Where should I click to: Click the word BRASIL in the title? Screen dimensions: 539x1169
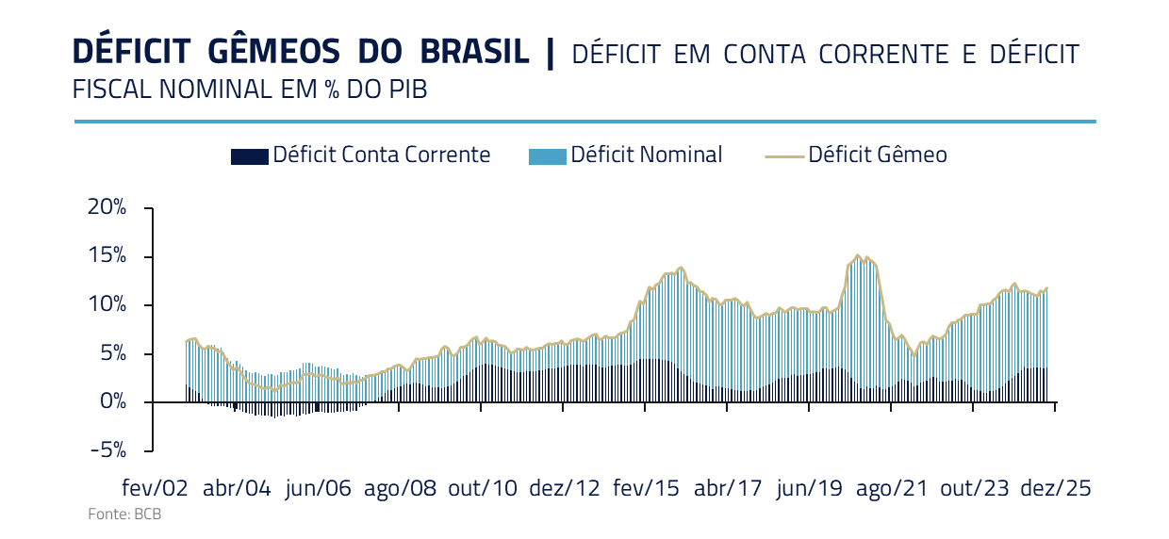pyautogui.click(x=473, y=52)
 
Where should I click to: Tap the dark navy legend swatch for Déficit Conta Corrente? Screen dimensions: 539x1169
pyautogui.click(x=250, y=156)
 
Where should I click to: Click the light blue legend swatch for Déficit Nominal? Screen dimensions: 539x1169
pyautogui.click(x=548, y=156)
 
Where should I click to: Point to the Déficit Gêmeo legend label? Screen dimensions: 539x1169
pyautogui.click(x=877, y=155)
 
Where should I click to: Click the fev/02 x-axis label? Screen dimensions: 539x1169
pyautogui.click(x=156, y=488)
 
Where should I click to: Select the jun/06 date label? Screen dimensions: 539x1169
pyautogui.click(x=318, y=488)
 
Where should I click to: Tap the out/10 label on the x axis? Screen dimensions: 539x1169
pyautogui.click(x=482, y=488)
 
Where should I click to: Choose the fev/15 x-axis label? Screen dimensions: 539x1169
pyautogui.click(x=646, y=488)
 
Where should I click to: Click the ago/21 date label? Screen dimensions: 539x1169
pyautogui.click(x=892, y=488)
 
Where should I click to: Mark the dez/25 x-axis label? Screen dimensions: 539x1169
pyautogui.click(x=1056, y=488)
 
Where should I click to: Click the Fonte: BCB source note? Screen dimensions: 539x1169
pyautogui.click(x=118, y=515)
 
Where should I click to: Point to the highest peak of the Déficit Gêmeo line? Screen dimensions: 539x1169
pyautogui.click(x=857, y=255)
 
